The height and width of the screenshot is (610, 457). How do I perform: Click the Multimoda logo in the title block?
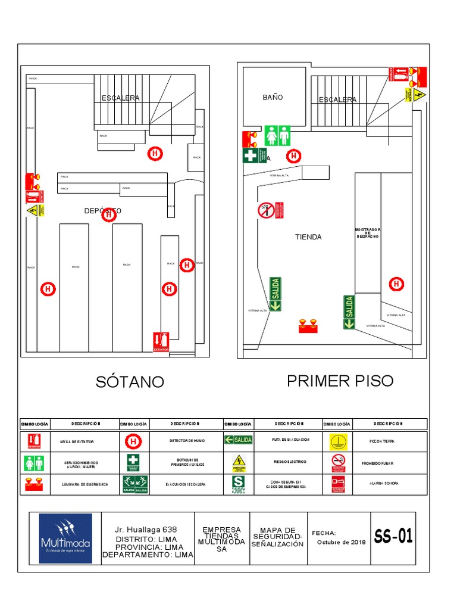[x=65, y=538]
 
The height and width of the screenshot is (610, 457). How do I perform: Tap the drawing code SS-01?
[x=393, y=537]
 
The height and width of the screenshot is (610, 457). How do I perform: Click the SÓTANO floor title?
[x=130, y=382]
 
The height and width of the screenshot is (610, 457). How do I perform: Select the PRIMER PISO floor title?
[x=340, y=381]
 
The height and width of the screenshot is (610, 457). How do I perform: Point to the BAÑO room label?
[x=273, y=97]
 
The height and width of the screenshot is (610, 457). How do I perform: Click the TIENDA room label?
[x=308, y=237]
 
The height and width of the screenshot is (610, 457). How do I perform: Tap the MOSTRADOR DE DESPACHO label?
[x=367, y=233]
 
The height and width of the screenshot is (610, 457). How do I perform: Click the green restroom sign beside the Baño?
[x=277, y=135]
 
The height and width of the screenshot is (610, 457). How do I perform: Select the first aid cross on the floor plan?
[x=251, y=155]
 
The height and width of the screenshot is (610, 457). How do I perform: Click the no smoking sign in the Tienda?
[x=266, y=210]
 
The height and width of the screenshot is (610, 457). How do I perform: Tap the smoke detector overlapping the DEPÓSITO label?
[x=108, y=214]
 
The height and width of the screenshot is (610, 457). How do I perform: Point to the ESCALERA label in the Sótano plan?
[x=120, y=98]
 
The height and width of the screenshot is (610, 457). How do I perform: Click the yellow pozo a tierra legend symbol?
[x=337, y=441]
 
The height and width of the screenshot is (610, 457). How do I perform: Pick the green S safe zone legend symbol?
[x=238, y=484]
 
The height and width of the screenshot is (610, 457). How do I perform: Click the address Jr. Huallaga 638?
[x=146, y=530]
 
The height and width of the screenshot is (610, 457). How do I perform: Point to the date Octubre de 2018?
[x=341, y=542]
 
